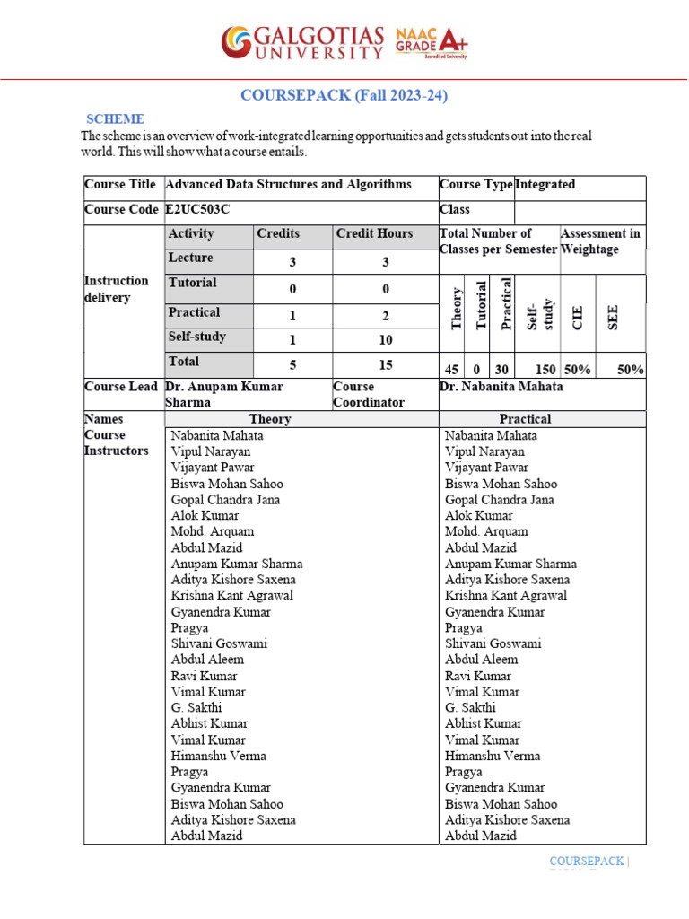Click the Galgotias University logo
pos(302,42)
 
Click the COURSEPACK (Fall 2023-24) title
pos(344,95)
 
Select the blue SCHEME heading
pos(115,118)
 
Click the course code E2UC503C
pos(204,209)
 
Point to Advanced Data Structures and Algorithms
pos(288,184)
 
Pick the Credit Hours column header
pos(374,233)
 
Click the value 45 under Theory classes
pos(453,369)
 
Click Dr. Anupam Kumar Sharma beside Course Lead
pos(224,394)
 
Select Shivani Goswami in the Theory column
pos(219,643)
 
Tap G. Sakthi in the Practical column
pos(470,707)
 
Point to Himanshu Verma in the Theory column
pos(218,756)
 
